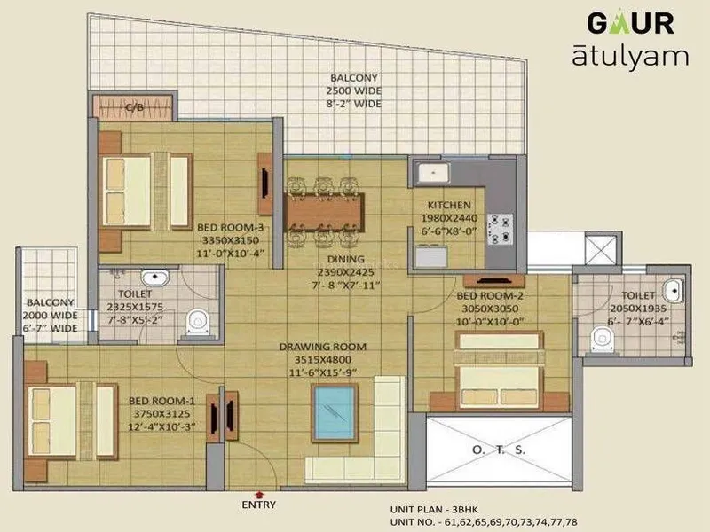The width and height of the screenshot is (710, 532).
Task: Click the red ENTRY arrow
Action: click(x=259, y=495)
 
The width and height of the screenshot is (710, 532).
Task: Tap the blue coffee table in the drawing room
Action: click(x=335, y=413)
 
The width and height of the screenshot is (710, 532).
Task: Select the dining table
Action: click(x=324, y=213)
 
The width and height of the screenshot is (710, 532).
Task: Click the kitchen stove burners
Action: click(x=500, y=230)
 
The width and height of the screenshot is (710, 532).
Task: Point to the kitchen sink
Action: click(x=434, y=173)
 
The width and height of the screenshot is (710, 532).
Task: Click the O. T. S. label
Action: click(x=499, y=450)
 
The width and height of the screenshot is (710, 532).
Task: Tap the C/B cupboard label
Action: click(x=135, y=107)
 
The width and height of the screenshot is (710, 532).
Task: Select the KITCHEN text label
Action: click(x=449, y=205)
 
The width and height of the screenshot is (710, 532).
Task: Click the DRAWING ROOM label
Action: click(x=323, y=347)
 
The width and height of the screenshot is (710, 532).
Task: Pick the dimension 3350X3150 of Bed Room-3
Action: click(x=231, y=240)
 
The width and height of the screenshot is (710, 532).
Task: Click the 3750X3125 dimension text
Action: click(x=162, y=413)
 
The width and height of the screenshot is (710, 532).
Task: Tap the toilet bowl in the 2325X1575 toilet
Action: click(x=198, y=322)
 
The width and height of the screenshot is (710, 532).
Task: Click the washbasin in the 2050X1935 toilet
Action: click(x=673, y=291)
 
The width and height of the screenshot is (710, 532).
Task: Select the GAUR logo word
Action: click(x=630, y=23)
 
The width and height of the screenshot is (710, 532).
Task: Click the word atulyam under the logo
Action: click(x=630, y=57)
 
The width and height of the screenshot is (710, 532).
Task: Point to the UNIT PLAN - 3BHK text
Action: click(x=434, y=509)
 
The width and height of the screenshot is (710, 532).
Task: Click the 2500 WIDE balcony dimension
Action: click(x=353, y=90)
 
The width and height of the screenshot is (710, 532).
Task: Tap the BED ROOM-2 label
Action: click(x=490, y=296)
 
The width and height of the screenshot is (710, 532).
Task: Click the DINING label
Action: click(x=346, y=259)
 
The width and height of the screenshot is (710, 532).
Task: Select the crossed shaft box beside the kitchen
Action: click(x=602, y=250)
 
